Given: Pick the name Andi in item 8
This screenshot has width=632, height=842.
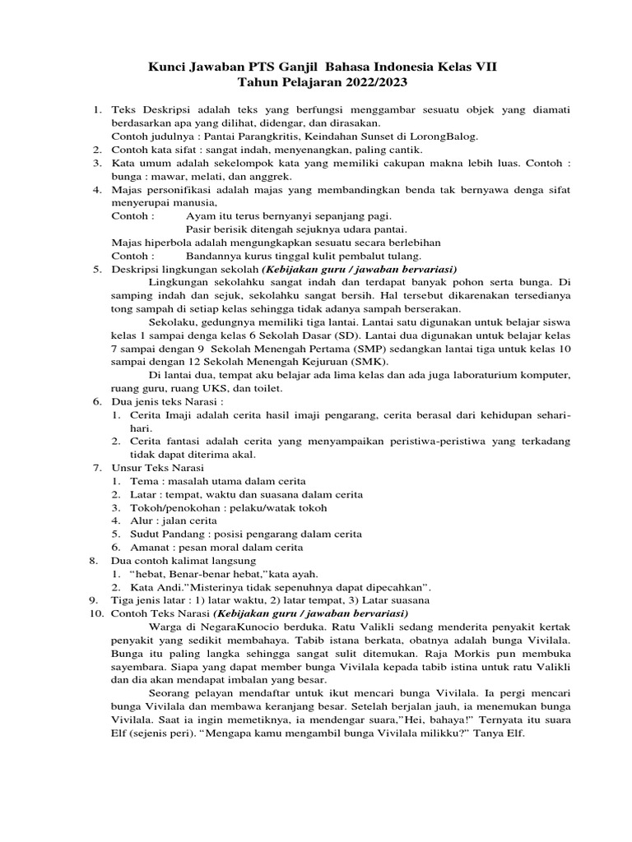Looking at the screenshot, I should pyautogui.click(x=171, y=587).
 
